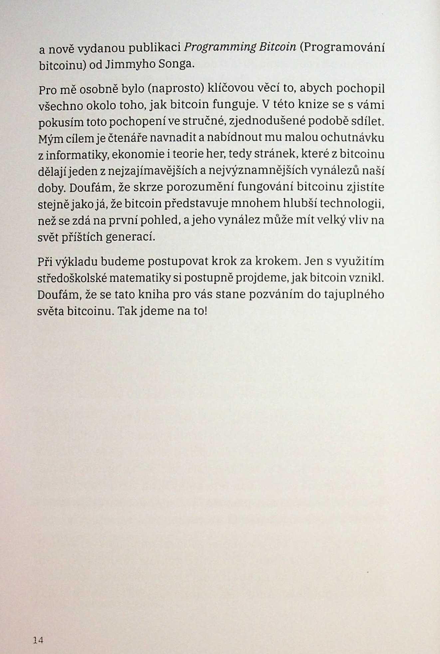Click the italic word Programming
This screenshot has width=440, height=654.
click(x=220, y=48)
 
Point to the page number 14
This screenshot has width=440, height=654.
click(x=38, y=640)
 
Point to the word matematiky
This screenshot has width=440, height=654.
click(x=140, y=278)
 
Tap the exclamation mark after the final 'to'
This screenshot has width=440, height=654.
click(x=206, y=311)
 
